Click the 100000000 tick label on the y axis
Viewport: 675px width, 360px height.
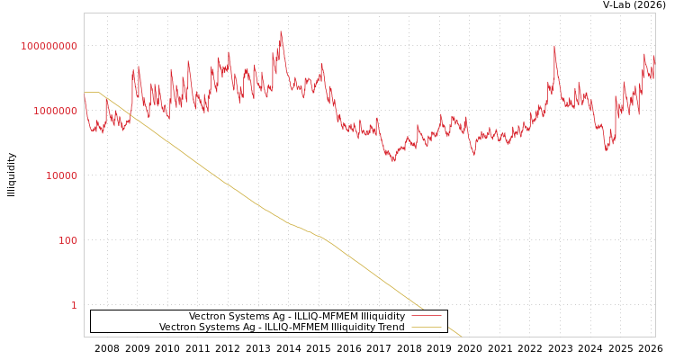[49, 46]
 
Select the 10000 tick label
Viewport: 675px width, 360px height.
[61, 175]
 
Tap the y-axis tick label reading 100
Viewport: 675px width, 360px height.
[67, 240]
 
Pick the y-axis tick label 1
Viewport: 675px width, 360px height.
[74, 305]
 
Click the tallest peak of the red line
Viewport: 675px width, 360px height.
[281, 32]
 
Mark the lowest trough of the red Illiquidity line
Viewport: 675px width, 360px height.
[392, 160]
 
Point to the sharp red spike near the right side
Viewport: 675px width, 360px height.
[554, 46]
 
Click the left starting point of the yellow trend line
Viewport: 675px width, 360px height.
[85, 93]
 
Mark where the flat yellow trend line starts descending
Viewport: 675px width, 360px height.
[99, 93]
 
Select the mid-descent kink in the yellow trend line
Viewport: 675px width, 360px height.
[288, 223]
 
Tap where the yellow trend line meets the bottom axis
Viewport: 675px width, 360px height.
[461, 337]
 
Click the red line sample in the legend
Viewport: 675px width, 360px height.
[426, 316]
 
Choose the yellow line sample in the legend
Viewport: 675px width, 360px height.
[426, 327]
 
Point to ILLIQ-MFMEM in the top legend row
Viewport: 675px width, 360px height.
[326, 316]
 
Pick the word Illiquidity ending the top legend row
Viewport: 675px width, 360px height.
[383, 316]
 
